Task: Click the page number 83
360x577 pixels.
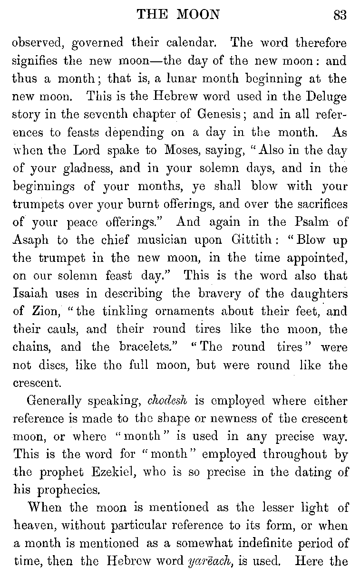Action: pyautogui.click(x=340, y=15)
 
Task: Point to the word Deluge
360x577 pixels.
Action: pyautogui.click(x=324, y=97)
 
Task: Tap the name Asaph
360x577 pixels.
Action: pyautogui.click(x=30, y=240)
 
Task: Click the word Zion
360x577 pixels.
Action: pyautogui.click(x=49, y=312)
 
